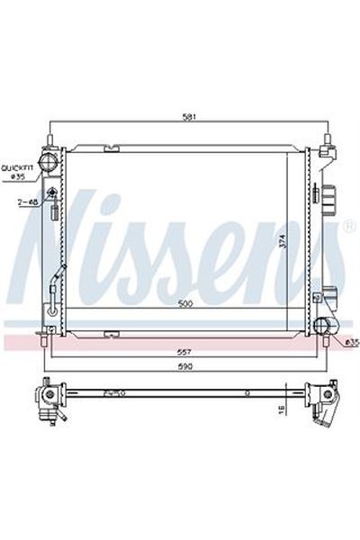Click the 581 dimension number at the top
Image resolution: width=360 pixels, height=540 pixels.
pyautogui.click(x=185, y=116)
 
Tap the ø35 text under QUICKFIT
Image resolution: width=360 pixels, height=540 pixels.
pyautogui.click(x=18, y=177)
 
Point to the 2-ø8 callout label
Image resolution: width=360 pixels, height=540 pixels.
pyautogui.click(x=26, y=202)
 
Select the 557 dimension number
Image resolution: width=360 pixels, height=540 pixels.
pyautogui.click(x=185, y=352)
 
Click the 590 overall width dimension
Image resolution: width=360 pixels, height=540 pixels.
pyautogui.click(x=185, y=367)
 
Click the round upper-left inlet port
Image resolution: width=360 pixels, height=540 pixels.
pyautogui.click(x=49, y=169)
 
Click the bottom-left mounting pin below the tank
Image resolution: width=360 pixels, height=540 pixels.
pyautogui.click(x=42, y=343)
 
